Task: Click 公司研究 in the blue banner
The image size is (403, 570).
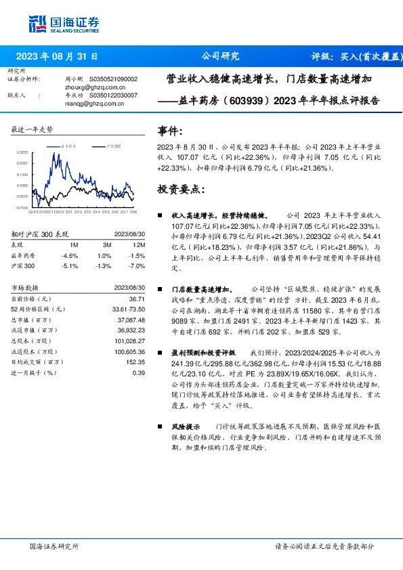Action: coord(220,57)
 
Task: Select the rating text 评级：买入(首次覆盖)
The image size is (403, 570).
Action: coord(356,57)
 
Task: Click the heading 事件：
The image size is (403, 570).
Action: coord(169,131)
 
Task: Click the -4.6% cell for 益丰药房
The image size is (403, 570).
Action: coord(69,256)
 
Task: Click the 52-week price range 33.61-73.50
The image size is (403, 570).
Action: coord(129,309)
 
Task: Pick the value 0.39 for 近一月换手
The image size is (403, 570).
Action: coord(139,372)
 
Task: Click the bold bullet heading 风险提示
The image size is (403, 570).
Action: coord(186,428)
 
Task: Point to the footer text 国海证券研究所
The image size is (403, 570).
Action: coord(55,546)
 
